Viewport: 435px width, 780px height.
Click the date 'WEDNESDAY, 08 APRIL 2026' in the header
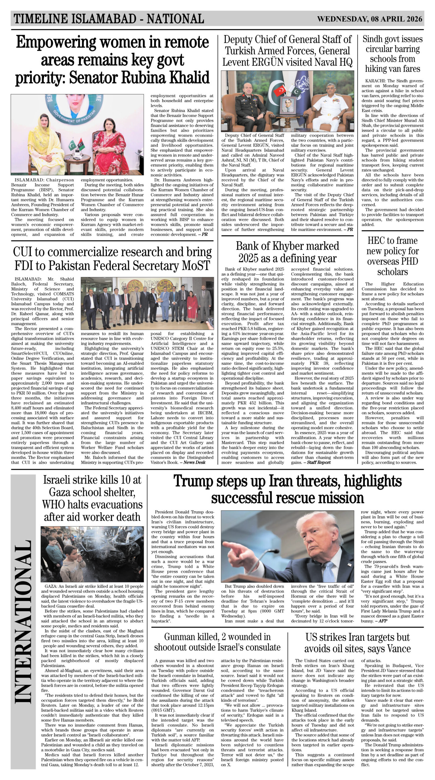pyautogui.click(x=370, y=19)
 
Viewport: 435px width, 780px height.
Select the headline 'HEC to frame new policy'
pyautogui.click(x=392, y=256)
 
